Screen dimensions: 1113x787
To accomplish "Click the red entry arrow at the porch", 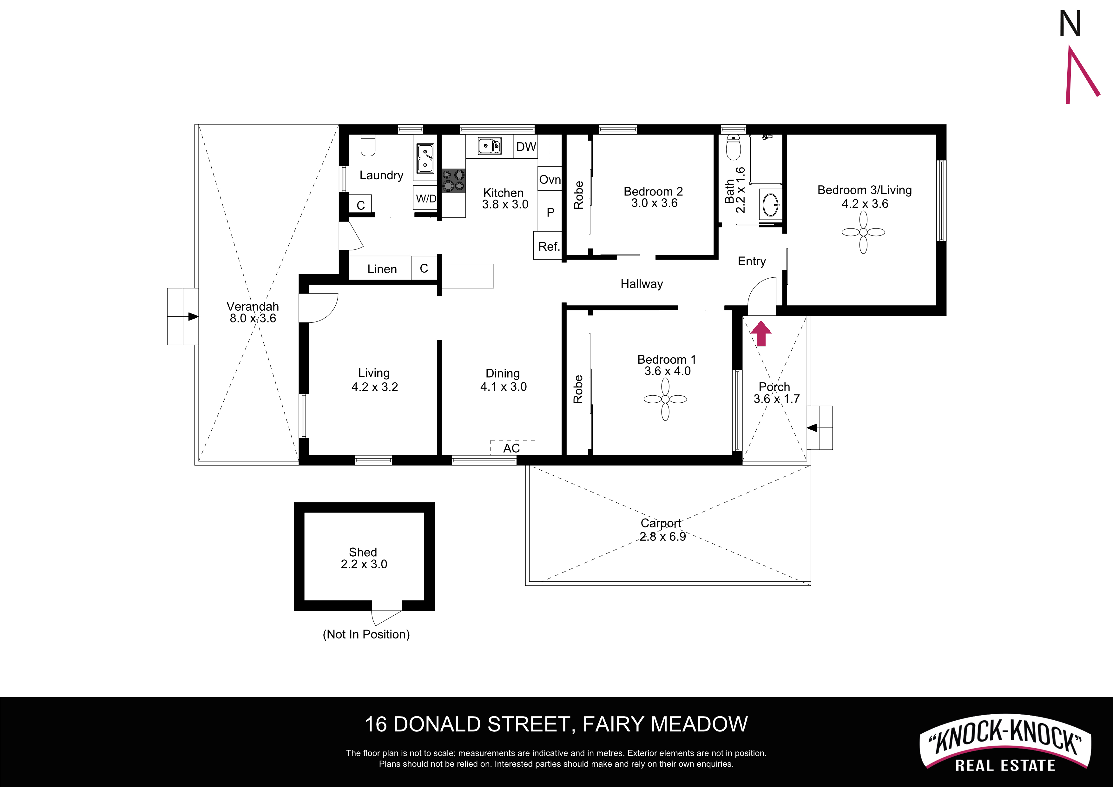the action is point(761,334).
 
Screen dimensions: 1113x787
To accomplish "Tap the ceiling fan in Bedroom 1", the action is point(665,399).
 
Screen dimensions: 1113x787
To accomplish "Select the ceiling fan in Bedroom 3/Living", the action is point(863,232).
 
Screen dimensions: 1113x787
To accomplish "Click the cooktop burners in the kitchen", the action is point(454,180).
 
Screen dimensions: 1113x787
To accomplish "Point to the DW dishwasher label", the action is point(526,146).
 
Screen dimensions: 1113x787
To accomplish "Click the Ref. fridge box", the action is point(548,246).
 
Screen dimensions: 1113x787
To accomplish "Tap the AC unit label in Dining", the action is point(511,448).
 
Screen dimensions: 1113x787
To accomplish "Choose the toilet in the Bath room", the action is point(734,148).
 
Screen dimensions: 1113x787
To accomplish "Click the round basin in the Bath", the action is point(770,205).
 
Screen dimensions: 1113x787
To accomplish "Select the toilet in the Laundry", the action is point(368,145).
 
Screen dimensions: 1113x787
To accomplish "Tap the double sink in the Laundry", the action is point(425,159).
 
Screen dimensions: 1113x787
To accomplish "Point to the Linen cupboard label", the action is point(382,269).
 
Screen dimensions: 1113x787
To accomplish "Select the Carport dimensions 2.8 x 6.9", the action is point(662,536).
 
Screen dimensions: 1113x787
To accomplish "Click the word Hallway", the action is point(642,284).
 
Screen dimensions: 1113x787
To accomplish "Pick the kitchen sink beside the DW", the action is point(490,145).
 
